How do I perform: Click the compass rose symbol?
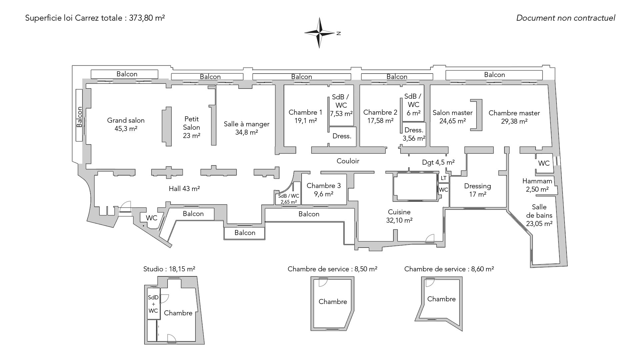click(x=319, y=33)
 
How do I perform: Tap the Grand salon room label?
click(x=126, y=120)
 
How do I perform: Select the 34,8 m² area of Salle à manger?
click(x=246, y=132)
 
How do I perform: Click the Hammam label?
click(x=537, y=181)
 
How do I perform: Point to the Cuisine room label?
click(x=399, y=212)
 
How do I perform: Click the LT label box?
click(x=443, y=178)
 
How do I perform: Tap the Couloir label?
click(x=348, y=161)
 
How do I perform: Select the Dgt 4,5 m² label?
click(x=438, y=162)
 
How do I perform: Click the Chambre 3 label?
click(x=324, y=186)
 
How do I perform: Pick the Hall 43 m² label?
click(x=184, y=189)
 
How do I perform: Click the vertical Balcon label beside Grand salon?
click(x=79, y=117)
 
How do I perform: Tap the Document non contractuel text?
click(x=565, y=18)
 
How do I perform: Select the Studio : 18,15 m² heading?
click(x=169, y=269)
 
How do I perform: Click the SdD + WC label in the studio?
click(x=153, y=304)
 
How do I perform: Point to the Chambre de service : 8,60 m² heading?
click(x=449, y=269)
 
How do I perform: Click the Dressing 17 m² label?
click(x=477, y=190)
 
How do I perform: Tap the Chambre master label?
click(x=514, y=113)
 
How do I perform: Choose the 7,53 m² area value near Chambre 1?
click(x=341, y=114)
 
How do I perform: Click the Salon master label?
click(x=452, y=113)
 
